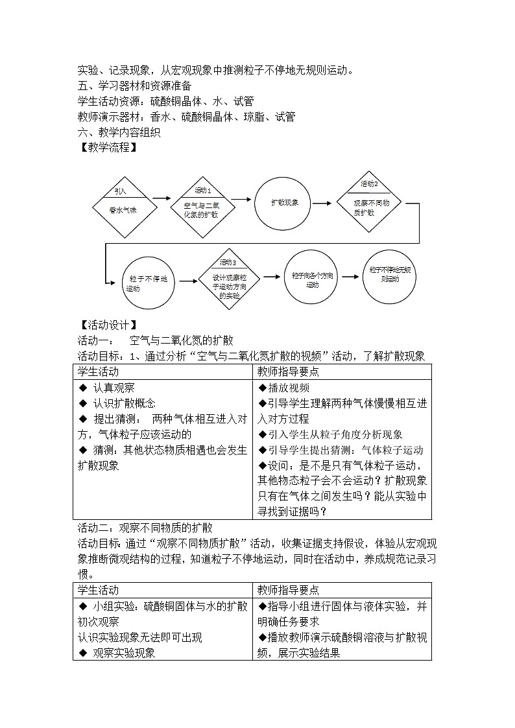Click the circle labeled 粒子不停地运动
(143, 281)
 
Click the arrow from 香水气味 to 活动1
(162, 200)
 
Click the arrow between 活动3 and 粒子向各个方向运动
(272, 279)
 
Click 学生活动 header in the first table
(99, 372)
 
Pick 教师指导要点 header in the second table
(288, 590)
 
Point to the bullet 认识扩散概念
(119, 403)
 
